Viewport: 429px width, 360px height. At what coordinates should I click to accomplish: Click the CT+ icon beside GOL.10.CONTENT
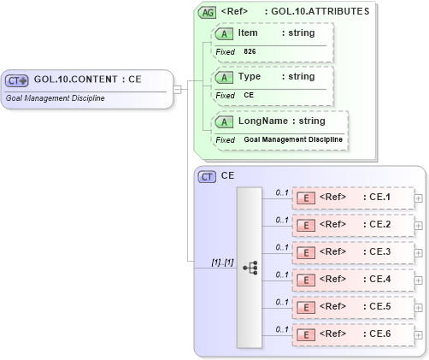[18, 80]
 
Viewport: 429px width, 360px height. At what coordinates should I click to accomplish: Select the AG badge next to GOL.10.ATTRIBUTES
[207, 12]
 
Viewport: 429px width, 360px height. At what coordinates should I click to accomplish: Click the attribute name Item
[248, 32]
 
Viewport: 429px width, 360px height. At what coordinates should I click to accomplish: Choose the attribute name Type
[249, 76]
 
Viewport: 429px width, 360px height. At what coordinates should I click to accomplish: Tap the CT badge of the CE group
[207, 176]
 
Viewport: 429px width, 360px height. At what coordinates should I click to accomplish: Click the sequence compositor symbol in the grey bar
[250, 268]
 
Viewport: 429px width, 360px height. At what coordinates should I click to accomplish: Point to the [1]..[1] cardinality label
[223, 262]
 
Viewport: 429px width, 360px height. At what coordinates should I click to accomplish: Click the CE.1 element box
[352, 198]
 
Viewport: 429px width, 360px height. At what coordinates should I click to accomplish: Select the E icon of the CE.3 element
[304, 252]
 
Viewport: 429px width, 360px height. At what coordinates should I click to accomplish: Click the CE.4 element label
[377, 279]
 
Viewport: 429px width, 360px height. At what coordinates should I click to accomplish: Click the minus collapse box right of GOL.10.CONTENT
[177, 88]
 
